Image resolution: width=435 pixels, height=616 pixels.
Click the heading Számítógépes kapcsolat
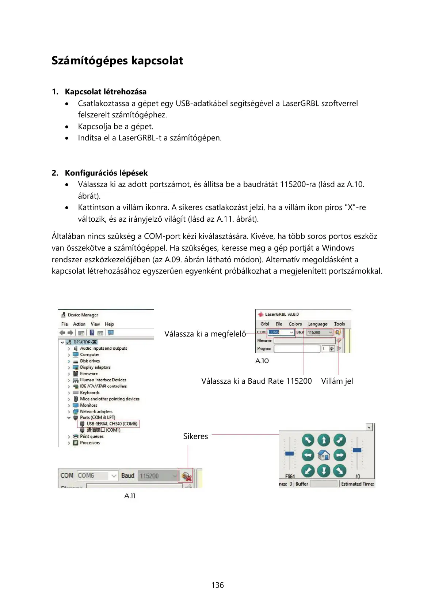tap(117, 61)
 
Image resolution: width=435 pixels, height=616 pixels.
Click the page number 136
tap(217, 585)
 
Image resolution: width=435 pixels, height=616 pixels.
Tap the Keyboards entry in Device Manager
tap(89, 392)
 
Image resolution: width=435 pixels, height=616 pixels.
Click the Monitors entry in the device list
tap(88, 405)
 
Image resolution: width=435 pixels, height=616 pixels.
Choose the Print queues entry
tap(92, 436)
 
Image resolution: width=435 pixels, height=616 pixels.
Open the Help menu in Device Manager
tap(109, 324)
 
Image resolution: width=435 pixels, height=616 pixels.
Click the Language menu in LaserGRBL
tap(317, 324)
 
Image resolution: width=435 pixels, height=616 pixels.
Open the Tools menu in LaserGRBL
tap(339, 324)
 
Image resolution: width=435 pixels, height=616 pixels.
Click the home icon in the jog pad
tap(324, 455)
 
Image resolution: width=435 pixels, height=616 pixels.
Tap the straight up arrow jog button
tap(324, 440)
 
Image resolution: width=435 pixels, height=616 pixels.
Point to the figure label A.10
tap(262, 361)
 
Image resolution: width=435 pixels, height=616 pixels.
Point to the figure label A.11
tap(130, 496)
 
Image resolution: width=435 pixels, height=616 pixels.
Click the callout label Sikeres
tap(195, 436)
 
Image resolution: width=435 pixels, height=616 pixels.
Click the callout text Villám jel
tap(337, 381)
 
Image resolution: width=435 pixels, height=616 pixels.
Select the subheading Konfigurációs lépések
tap(106, 173)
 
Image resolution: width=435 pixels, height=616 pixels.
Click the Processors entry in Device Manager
tap(90, 443)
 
